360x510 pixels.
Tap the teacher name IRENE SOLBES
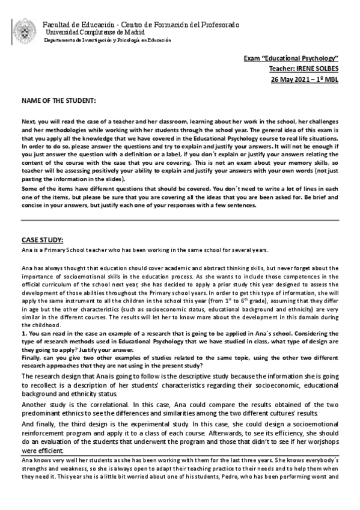pos(319,69)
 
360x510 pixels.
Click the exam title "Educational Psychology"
pos(311,58)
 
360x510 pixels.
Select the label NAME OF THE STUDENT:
pos(59,98)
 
